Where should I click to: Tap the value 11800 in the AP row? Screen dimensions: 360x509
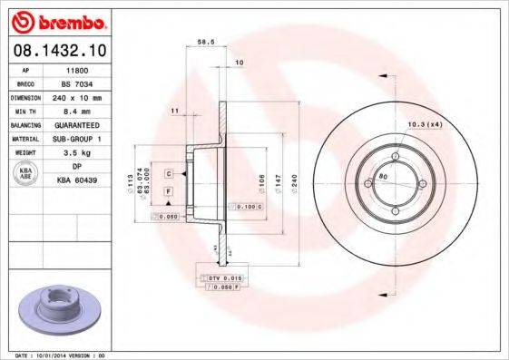[80, 68]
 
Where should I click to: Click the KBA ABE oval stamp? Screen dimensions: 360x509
[27, 172]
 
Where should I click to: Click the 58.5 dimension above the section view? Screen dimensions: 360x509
[205, 42]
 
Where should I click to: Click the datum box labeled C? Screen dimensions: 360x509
[169, 172]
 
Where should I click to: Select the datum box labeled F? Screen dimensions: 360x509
[169, 191]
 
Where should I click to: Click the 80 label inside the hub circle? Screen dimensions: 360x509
[383, 176]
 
